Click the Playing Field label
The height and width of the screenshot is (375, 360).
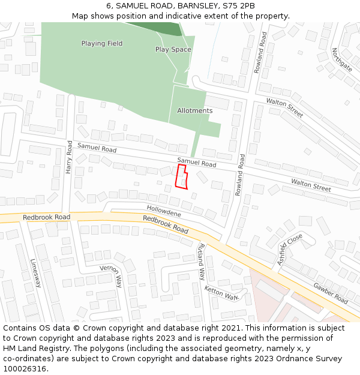pos(102,43)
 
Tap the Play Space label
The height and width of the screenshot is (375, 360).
pos(173,49)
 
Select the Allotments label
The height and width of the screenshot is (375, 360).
pos(194,110)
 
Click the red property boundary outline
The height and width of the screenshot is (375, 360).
pos(181,176)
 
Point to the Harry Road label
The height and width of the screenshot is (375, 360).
pos(69,157)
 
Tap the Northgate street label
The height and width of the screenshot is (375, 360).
pos(342,59)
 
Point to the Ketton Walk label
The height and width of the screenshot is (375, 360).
pos(221,293)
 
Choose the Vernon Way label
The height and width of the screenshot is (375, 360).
pos(111,276)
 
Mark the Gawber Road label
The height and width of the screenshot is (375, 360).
pos(330,292)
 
